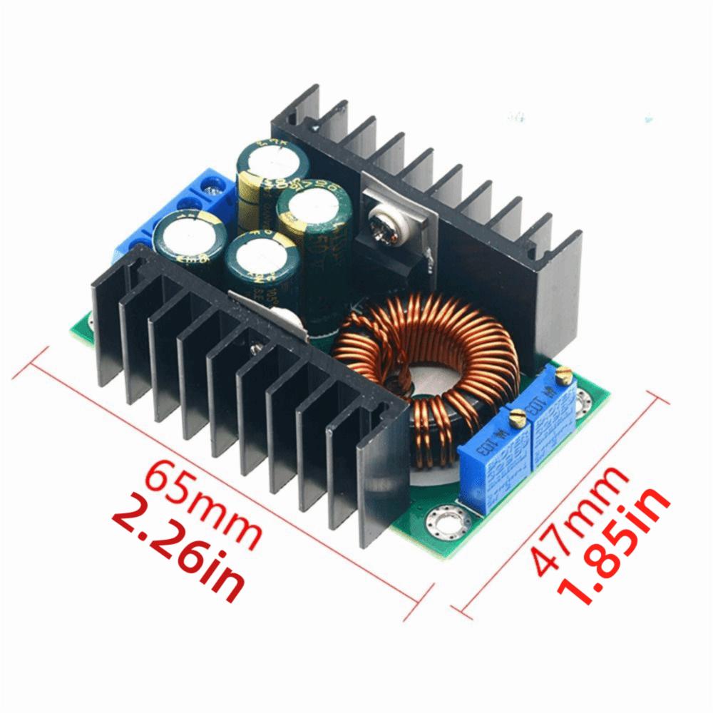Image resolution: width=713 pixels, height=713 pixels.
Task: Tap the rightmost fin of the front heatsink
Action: [378, 485]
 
